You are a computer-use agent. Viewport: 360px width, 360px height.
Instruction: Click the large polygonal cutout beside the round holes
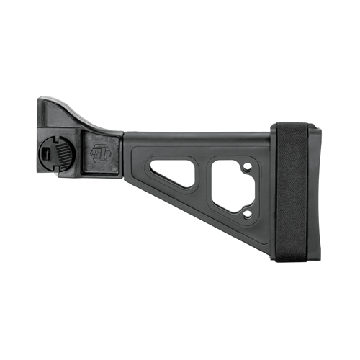pos(229,188)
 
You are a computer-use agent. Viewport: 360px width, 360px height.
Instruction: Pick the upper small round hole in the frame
pos(246,169)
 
